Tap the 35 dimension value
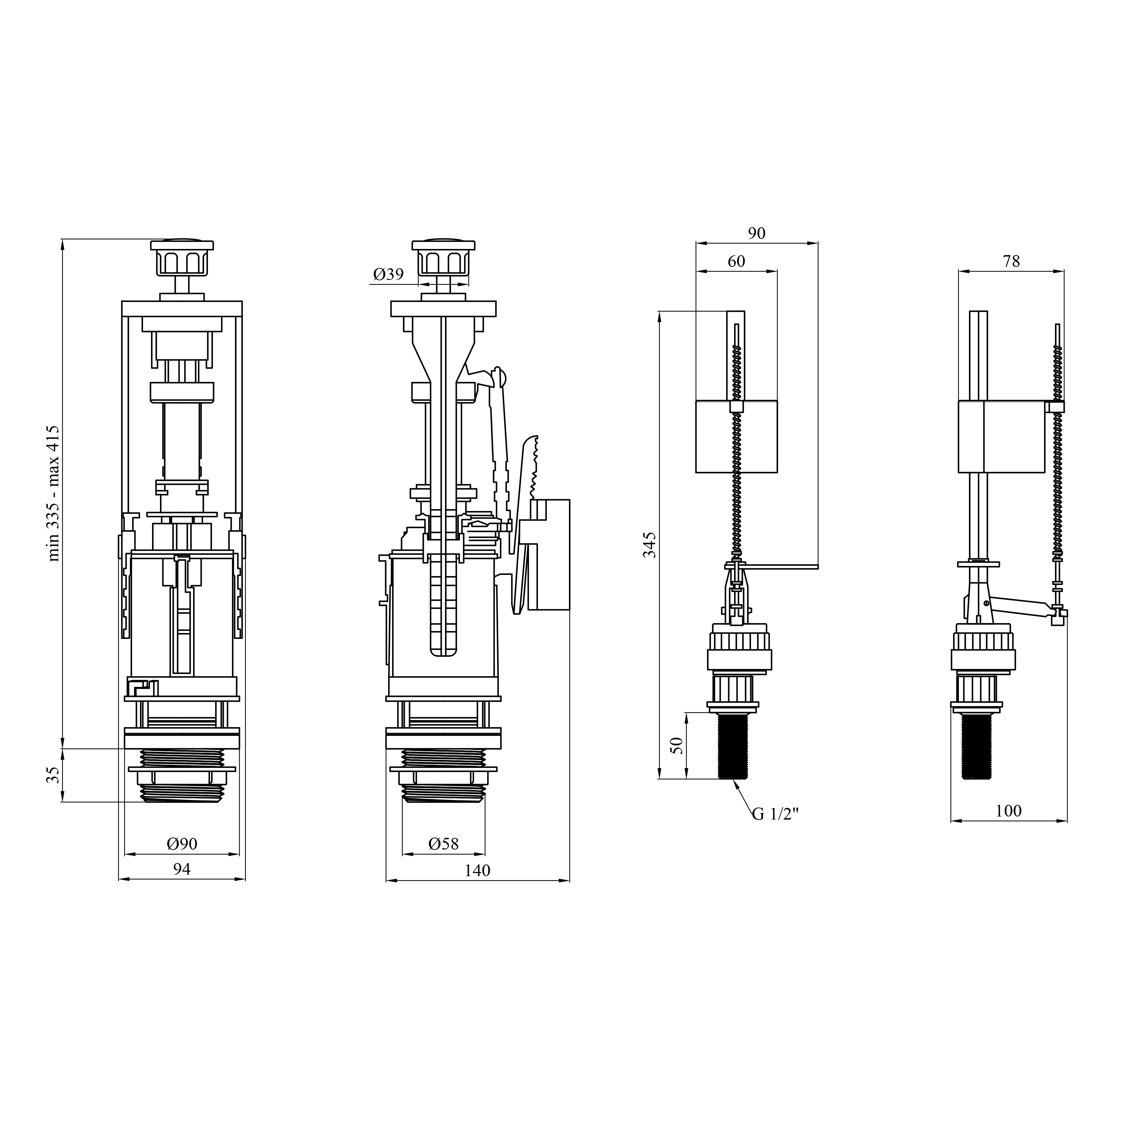click(53, 775)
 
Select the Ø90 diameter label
click(182, 843)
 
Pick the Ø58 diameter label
click(443, 843)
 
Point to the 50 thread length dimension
click(677, 745)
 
